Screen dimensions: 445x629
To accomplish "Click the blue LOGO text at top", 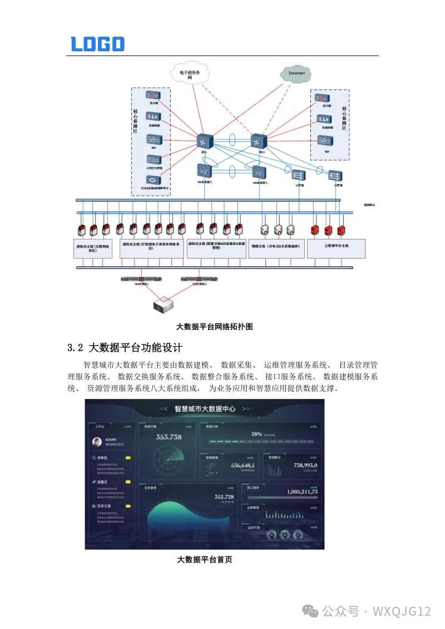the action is click(97, 44).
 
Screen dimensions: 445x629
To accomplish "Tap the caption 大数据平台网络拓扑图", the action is click(214, 327).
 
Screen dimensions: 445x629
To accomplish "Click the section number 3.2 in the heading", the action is click(75, 348).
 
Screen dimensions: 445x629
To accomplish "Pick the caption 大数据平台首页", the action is click(204, 560).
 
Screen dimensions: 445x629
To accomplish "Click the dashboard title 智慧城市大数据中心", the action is click(205, 408).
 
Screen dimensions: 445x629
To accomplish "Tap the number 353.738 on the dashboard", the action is click(169, 437).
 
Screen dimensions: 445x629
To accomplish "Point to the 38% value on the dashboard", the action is click(256, 434).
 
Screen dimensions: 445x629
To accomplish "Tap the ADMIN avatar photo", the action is click(98, 442).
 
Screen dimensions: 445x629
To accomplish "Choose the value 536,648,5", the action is click(243, 465).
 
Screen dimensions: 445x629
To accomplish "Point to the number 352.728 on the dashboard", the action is click(224, 496).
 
